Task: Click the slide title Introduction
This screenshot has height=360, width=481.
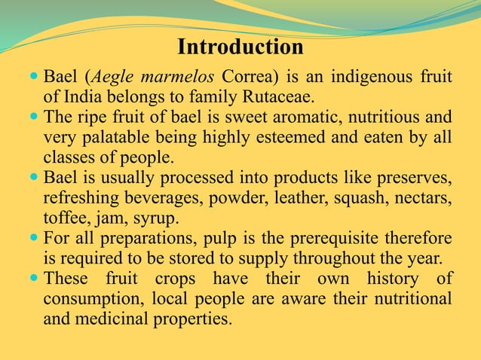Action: coord(240,47)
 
